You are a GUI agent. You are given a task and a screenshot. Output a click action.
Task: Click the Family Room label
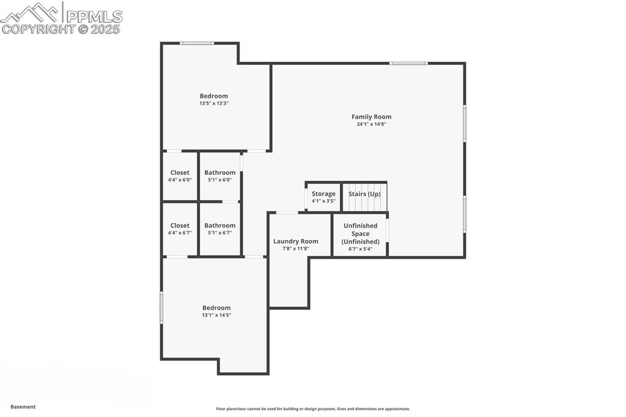pyautogui.click(x=371, y=117)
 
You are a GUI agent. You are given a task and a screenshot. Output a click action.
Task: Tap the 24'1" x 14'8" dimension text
pyautogui.click(x=371, y=124)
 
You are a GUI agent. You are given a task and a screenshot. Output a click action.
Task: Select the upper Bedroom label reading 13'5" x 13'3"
pyautogui.click(x=213, y=96)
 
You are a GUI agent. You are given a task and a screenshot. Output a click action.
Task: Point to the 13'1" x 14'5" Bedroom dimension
pyautogui.click(x=216, y=316)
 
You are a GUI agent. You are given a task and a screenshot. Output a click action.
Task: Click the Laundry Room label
pyautogui.click(x=295, y=241)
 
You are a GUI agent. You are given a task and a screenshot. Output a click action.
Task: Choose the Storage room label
pyautogui.click(x=323, y=194)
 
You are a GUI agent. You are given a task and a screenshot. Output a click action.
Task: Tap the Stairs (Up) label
pyautogui.click(x=364, y=194)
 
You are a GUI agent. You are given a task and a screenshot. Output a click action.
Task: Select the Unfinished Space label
pyautogui.click(x=360, y=234)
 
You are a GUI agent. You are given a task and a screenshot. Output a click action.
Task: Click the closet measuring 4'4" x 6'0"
pyautogui.click(x=180, y=176)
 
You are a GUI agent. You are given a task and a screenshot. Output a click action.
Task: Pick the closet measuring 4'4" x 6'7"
pyautogui.click(x=180, y=229)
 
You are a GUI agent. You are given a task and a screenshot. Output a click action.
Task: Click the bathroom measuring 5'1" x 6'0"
pyautogui.click(x=219, y=176)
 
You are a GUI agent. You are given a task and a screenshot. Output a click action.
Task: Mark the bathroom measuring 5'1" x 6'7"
pyautogui.click(x=219, y=229)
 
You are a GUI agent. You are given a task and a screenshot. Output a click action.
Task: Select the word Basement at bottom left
pyautogui.click(x=23, y=407)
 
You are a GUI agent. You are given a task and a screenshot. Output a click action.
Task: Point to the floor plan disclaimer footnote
pyautogui.click(x=312, y=409)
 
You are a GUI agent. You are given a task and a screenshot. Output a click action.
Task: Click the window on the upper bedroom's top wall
pyautogui.click(x=197, y=43)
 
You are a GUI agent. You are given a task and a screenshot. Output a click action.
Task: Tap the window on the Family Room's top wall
pyautogui.click(x=408, y=63)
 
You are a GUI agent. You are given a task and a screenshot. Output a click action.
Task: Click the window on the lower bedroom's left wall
pyautogui.click(x=162, y=307)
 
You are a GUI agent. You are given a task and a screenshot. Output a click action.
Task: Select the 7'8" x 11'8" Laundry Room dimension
pyautogui.click(x=295, y=249)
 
